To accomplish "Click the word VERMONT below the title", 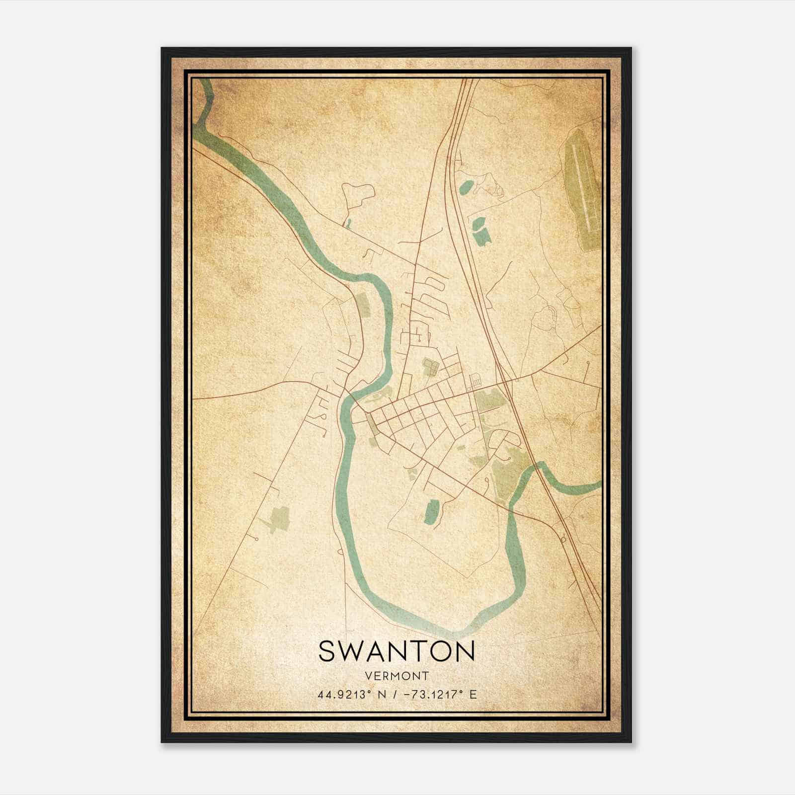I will [397, 676].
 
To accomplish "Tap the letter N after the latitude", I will [382, 695].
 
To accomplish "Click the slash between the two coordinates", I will [396, 695].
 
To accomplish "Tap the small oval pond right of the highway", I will [467, 187].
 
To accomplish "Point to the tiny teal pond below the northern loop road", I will [347, 224].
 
